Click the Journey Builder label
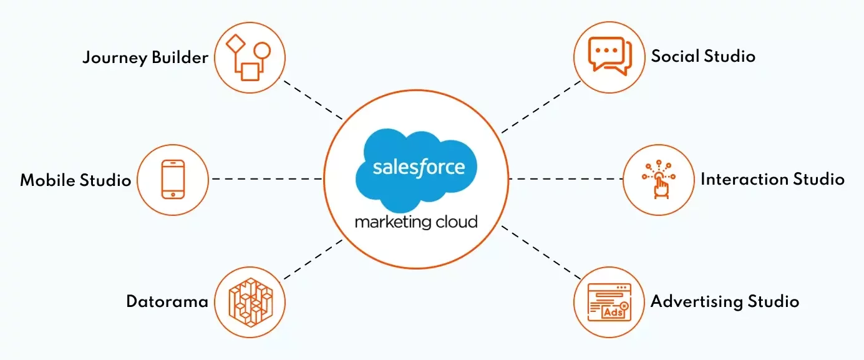click(x=145, y=58)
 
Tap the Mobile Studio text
click(x=75, y=181)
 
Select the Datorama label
click(x=167, y=302)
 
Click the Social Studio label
click(x=703, y=56)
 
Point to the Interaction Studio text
click(x=772, y=180)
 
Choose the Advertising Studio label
click(x=725, y=302)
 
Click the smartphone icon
click(x=173, y=179)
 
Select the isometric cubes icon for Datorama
click(x=250, y=302)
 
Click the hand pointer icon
click(x=658, y=180)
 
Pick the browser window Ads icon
click(x=609, y=302)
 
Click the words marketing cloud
click(x=416, y=221)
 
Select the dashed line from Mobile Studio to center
click(x=267, y=179)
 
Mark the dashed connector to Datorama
click(x=313, y=259)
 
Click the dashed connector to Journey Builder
click(x=313, y=99)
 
